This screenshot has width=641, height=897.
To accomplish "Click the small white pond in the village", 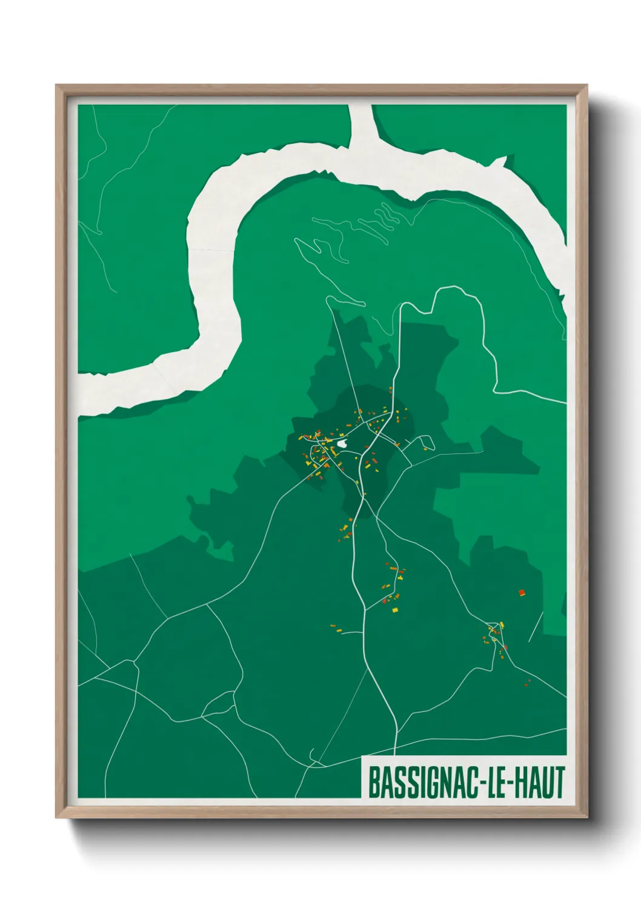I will (x=344, y=445).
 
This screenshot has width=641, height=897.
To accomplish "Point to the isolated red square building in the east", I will (x=521, y=592).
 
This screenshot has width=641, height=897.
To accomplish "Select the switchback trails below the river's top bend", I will (x=357, y=230).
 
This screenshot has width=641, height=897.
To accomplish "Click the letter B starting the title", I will (x=373, y=783).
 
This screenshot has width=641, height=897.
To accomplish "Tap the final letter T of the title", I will (x=559, y=783).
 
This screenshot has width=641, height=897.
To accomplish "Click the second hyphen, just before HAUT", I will (x=514, y=784).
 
